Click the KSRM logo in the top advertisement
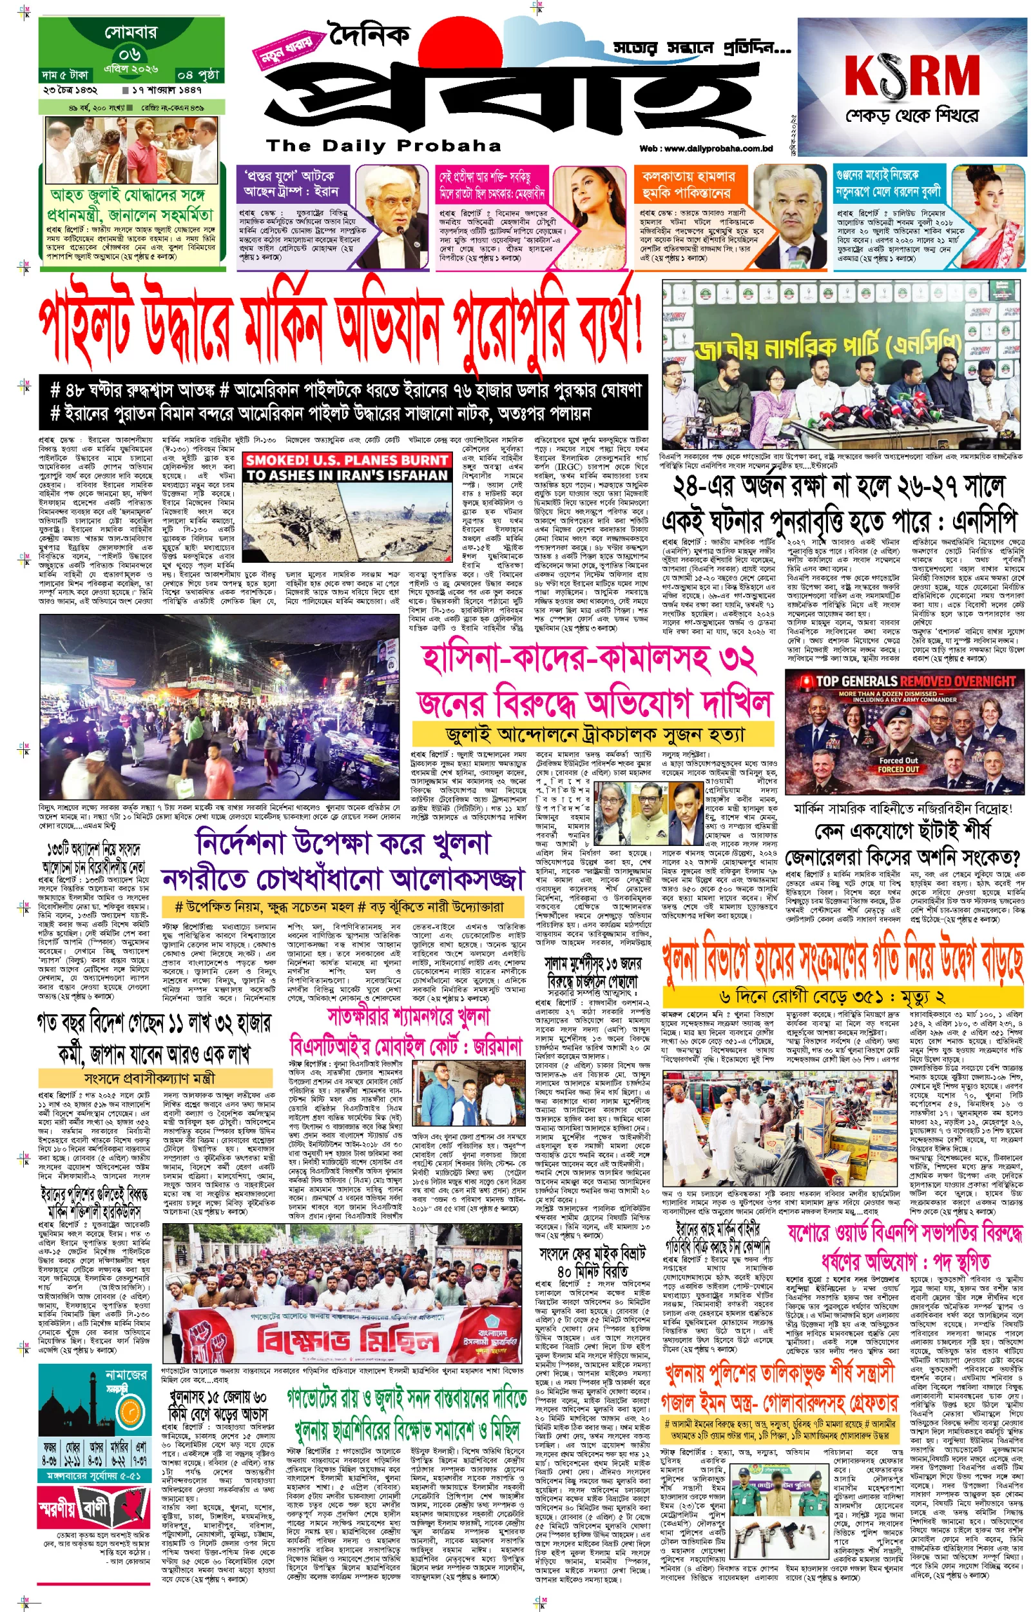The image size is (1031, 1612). tap(912, 75)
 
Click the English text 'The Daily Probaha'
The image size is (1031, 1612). tap(383, 145)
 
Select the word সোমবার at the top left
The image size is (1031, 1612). tap(131, 32)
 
